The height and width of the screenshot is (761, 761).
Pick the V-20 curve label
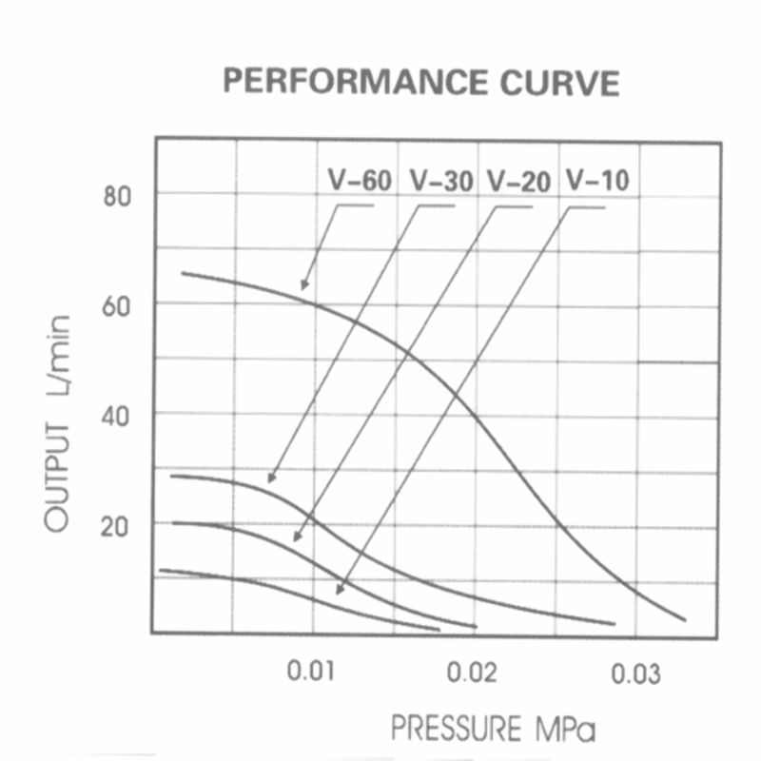click(x=518, y=180)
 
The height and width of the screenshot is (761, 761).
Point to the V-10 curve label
click(x=596, y=180)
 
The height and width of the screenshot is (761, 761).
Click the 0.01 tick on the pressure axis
click(x=311, y=673)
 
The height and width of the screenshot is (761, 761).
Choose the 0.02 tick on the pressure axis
click(x=473, y=673)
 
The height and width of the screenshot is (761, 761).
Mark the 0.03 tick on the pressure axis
click(x=634, y=673)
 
